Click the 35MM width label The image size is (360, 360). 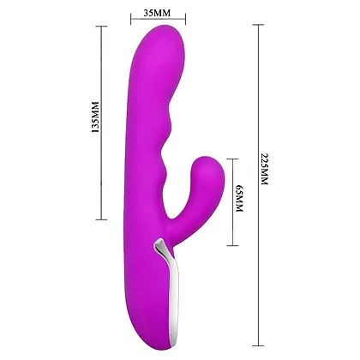pyautogui.click(x=157, y=13)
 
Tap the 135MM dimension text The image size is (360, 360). pyautogui.click(x=95, y=117)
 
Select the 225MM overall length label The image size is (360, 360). pyautogui.click(x=265, y=169)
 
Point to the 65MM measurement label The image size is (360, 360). pyautogui.click(x=238, y=198)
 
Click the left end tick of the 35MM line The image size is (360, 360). pyautogui.click(x=131, y=19)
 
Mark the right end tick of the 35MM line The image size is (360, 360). pyautogui.click(x=185, y=19)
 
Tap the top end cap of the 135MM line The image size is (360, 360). pyautogui.click(x=101, y=27)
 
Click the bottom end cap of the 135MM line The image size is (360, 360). pyautogui.click(x=101, y=219)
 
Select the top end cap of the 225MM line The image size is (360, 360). pyautogui.click(x=258, y=25)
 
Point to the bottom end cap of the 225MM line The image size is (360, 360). pyautogui.click(x=258, y=345)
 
